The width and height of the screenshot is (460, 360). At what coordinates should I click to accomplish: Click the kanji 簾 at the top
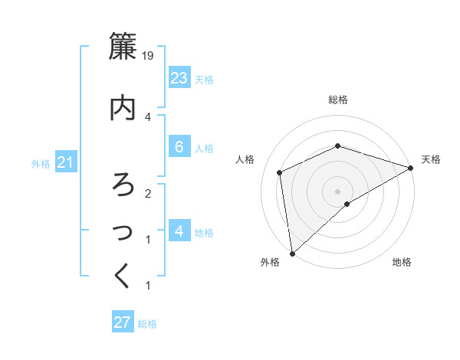(x=124, y=47)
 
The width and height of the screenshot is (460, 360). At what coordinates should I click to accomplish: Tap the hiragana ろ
(x=123, y=185)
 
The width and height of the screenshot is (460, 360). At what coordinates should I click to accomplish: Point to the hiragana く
(x=123, y=276)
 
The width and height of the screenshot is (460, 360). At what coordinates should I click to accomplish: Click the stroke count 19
(x=148, y=56)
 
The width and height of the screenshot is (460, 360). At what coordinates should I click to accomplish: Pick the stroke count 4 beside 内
(x=148, y=116)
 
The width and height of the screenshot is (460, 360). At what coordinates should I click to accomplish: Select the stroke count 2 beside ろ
(x=148, y=193)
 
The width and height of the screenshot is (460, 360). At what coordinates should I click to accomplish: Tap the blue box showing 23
(x=179, y=77)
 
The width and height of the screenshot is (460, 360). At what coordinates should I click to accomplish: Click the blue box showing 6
(x=179, y=146)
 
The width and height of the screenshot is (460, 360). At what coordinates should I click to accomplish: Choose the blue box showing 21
(x=65, y=163)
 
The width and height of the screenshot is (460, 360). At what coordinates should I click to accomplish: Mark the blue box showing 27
(x=122, y=322)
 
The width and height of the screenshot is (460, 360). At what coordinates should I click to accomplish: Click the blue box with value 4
(x=179, y=231)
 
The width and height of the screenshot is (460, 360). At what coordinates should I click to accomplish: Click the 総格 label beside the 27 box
(x=147, y=324)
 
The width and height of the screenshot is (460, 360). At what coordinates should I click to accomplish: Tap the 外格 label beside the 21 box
(x=41, y=164)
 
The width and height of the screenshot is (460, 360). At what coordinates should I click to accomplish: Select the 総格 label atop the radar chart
(x=337, y=100)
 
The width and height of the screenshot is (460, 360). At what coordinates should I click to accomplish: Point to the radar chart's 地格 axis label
(x=402, y=263)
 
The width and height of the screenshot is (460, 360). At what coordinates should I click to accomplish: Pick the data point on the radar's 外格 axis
(x=292, y=253)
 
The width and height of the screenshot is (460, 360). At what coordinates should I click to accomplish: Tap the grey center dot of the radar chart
(x=337, y=191)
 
